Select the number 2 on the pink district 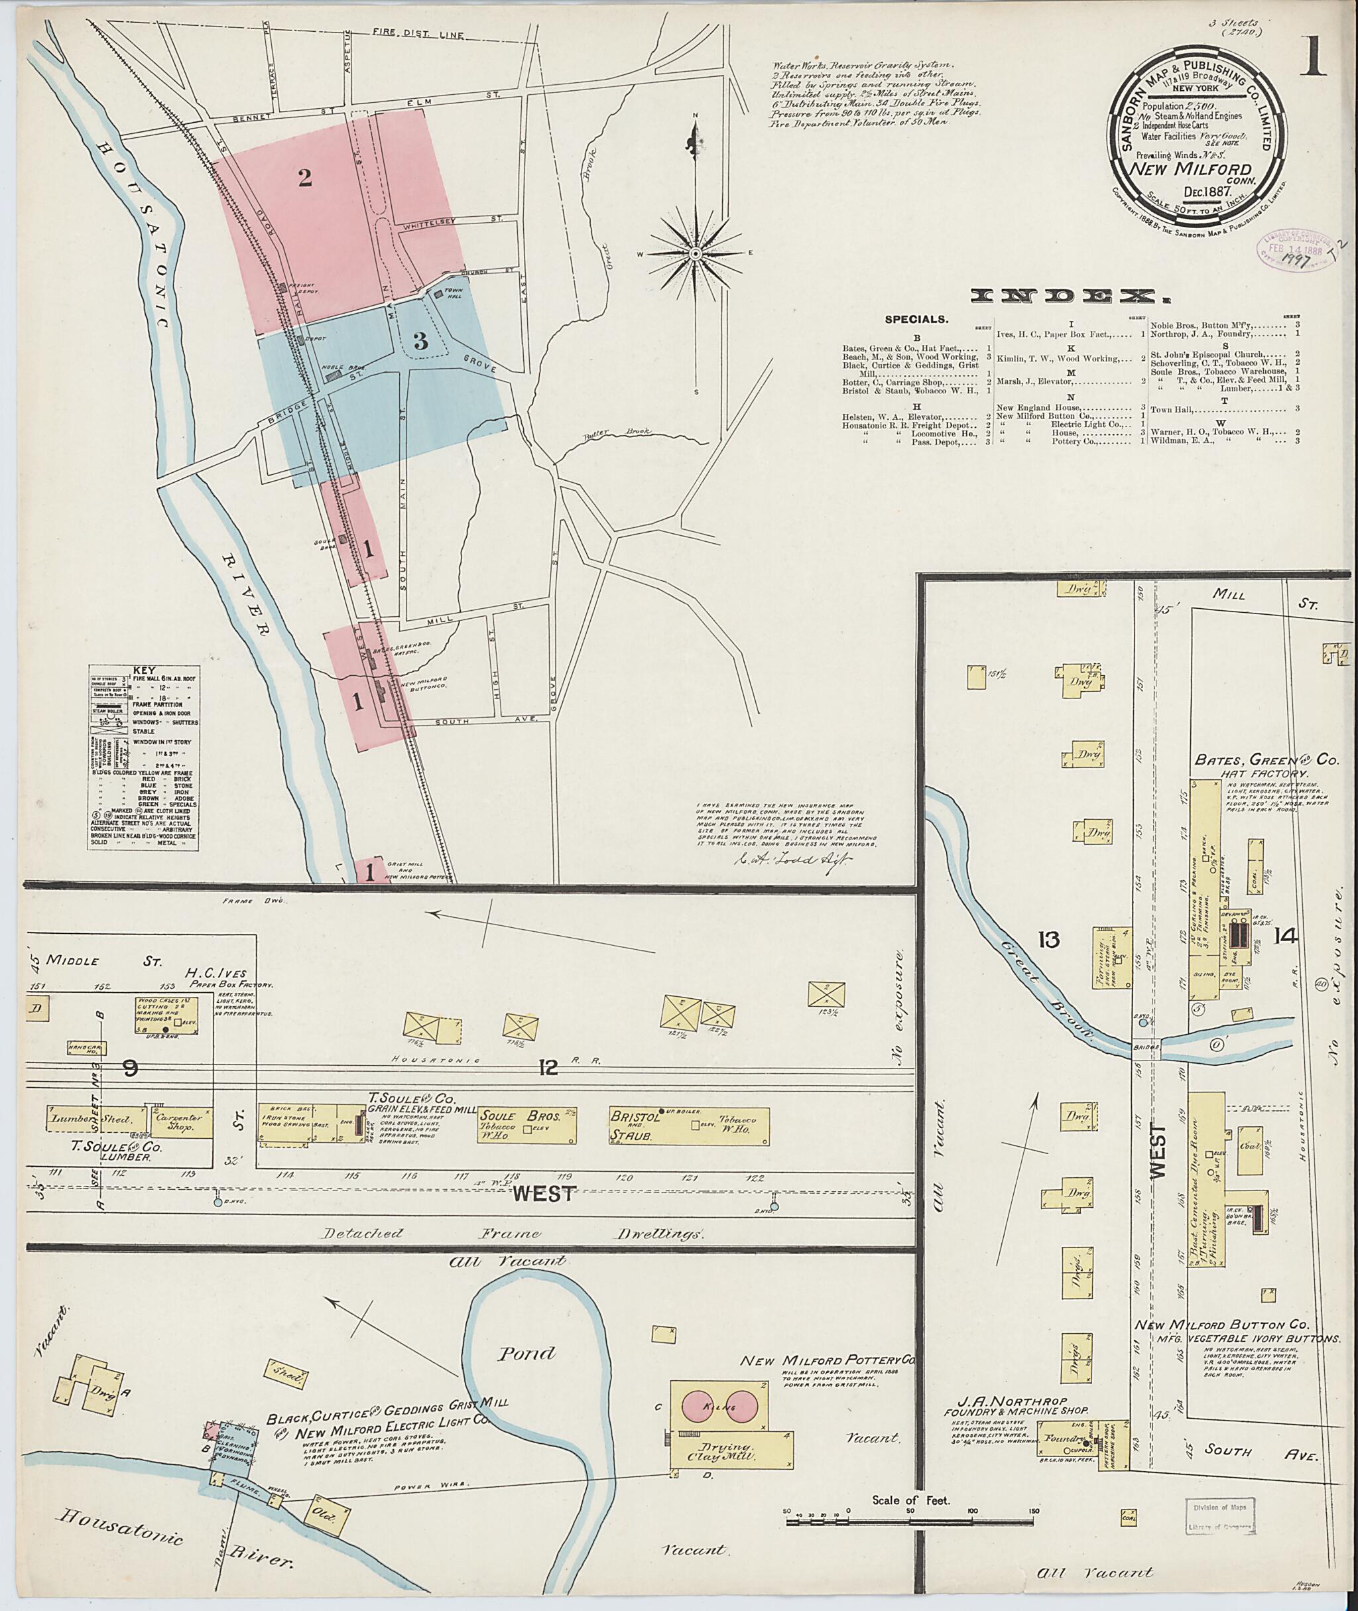pos(305,178)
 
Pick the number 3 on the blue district pos(420,342)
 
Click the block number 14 pos(1286,936)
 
